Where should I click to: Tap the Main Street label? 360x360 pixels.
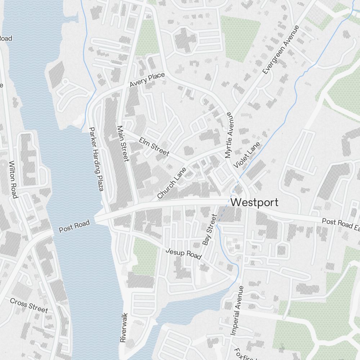tap(123, 144)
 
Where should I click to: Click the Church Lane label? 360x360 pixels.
tap(172, 183)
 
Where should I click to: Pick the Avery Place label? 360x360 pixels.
tap(147, 80)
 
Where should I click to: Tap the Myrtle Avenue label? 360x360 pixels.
tap(229, 135)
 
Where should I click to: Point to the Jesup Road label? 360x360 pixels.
tap(183, 253)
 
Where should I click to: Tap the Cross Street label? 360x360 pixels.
tap(29, 305)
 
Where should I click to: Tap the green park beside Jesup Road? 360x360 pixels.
tap(145, 256)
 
